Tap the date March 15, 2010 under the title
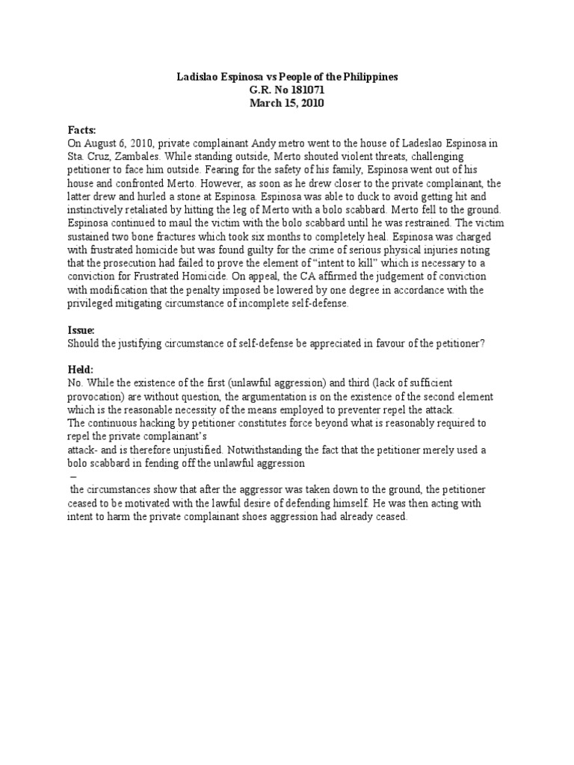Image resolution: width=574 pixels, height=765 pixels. tap(287, 104)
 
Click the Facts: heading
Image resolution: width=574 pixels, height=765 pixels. tap(83, 130)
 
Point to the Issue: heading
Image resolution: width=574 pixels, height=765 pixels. tap(82, 329)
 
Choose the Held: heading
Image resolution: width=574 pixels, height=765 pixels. tap(81, 369)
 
